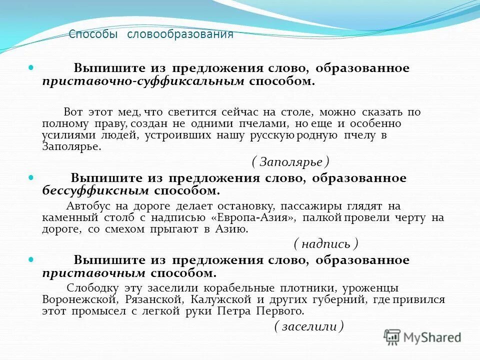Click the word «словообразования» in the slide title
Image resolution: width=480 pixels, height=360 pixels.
180,34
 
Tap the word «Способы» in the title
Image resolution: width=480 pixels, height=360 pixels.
93,34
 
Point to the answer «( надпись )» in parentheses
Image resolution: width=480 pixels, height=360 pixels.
325,243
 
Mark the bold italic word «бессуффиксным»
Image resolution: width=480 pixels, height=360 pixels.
95,190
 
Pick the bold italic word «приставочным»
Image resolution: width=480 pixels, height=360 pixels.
94,273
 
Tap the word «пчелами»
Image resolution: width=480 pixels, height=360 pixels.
261,123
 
